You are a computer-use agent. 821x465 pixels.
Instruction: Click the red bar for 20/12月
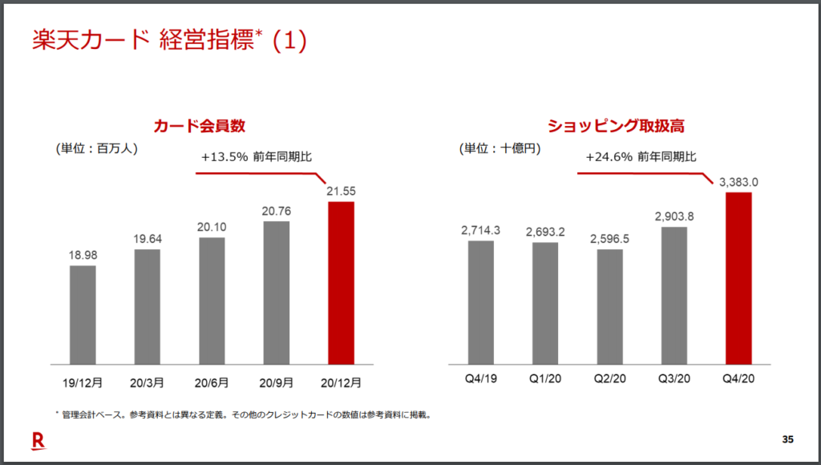[x=341, y=282]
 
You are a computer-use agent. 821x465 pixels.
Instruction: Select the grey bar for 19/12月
[x=83, y=314]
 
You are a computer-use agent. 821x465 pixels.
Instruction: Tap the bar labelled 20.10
[x=212, y=301]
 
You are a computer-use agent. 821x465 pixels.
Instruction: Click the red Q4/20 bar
[x=738, y=277]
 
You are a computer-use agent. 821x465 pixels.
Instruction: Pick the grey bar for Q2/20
[x=609, y=306]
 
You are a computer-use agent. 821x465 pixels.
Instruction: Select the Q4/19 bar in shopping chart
[x=480, y=301]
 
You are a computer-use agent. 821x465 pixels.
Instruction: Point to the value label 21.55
[x=341, y=191]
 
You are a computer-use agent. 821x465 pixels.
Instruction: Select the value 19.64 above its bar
[x=147, y=239]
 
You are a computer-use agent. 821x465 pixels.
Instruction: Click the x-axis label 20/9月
[x=276, y=383]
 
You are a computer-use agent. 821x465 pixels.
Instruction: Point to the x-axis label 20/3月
[x=147, y=383]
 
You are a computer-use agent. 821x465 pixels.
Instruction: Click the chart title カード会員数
[x=200, y=126]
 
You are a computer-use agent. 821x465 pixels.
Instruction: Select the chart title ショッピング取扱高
[x=616, y=126]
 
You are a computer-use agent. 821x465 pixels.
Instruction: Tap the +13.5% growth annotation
[x=245, y=158]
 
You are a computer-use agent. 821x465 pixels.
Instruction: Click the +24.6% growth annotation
[x=641, y=156]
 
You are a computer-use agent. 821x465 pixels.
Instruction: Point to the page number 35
[x=787, y=439]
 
